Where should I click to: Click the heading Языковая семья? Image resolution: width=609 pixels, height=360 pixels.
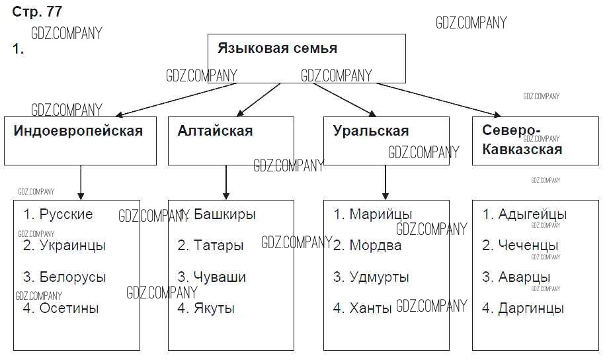point(278,48)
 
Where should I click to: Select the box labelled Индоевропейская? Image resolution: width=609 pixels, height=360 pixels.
point(78,131)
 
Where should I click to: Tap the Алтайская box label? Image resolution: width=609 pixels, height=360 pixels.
point(215,131)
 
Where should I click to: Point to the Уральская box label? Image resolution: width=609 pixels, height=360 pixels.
point(371,131)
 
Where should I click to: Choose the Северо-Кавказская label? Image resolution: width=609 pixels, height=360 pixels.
point(522,140)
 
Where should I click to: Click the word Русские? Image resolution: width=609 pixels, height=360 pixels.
point(66,214)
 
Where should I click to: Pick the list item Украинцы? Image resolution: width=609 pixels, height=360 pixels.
point(72,246)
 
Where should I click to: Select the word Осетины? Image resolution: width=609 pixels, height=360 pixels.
point(69,308)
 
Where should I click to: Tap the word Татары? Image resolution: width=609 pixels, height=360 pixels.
point(219,246)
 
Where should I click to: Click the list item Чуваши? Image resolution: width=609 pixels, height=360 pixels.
point(220,277)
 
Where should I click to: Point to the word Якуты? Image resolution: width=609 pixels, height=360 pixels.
point(214,308)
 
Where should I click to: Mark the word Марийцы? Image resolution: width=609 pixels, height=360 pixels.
point(381,214)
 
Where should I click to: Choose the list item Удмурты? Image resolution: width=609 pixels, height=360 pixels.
point(380,277)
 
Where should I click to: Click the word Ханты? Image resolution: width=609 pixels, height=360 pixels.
point(371,308)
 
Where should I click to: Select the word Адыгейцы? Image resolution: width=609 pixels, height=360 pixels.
point(532,214)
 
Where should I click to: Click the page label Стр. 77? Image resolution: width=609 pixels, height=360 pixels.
point(37,12)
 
